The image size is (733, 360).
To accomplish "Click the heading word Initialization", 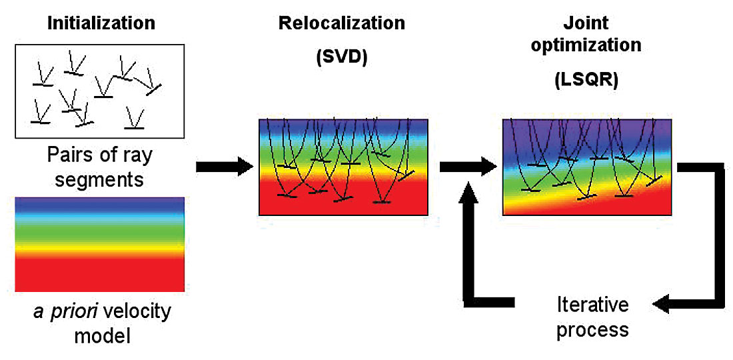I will pos(101,23).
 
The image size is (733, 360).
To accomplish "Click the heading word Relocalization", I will pos(342,23).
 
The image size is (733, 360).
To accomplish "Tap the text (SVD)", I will pos(342,58).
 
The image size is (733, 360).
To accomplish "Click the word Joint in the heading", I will pos(587,23).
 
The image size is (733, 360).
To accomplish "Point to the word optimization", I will pos(587,45).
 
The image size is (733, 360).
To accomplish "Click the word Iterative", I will pos(593,305).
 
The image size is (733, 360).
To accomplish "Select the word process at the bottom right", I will pos(593,329).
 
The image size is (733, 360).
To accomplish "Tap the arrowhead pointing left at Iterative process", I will pos(663,305).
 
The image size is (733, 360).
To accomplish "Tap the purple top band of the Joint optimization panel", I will pos(586,127).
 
